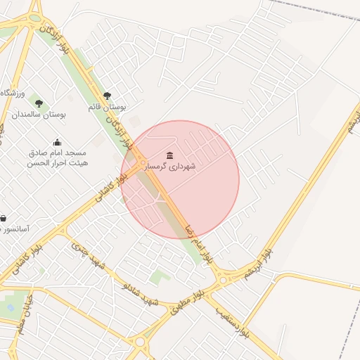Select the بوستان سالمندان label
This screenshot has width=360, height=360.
[39, 114]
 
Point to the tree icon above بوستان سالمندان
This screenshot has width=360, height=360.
[39, 103]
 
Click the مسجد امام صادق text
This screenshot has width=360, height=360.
[57, 153]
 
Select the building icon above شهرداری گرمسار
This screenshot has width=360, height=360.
[169, 155]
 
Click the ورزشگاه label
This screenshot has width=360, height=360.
[13, 94]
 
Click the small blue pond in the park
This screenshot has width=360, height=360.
[10, 307]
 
